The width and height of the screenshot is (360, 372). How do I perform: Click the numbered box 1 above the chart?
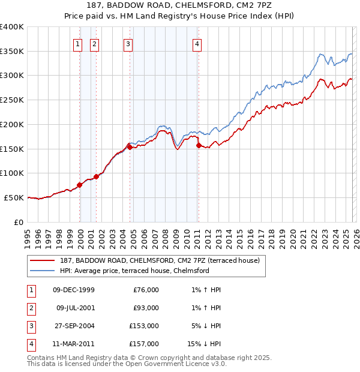(78, 43)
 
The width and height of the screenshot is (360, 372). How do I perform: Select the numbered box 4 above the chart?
(197, 43)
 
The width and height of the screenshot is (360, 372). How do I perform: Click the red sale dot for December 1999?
(80, 185)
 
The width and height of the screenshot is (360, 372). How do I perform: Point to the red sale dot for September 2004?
(130, 146)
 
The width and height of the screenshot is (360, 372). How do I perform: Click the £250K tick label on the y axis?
(12, 100)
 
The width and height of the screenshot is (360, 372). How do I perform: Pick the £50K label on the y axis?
(14, 197)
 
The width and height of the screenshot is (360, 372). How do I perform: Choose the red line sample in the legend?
(43, 260)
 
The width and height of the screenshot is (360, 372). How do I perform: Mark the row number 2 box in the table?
(30, 308)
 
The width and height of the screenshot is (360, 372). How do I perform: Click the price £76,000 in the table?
(146, 290)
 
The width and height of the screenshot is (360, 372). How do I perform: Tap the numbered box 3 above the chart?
(128, 43)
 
